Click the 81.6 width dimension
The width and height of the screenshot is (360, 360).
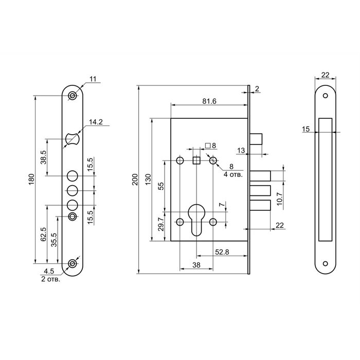209,101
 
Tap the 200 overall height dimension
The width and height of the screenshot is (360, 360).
135,179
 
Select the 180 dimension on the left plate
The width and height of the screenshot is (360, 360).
31,179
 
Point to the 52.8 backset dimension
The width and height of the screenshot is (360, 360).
222,252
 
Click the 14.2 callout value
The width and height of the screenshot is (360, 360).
96,122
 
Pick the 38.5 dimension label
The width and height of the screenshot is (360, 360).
44,157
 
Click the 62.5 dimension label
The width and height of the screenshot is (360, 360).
43,235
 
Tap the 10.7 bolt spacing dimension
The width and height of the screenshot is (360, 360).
280,199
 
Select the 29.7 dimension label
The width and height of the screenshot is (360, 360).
161,224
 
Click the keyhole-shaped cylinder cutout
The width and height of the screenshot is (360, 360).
196,220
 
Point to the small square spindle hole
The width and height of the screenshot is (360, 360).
196,160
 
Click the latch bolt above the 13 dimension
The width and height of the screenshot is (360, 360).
256,139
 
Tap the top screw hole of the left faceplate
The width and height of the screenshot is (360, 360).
73,96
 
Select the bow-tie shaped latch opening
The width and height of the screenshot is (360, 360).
73,139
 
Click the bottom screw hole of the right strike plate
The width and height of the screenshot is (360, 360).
326,263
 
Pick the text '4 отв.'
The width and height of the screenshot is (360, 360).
233,174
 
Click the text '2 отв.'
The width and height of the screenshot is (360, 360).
51,279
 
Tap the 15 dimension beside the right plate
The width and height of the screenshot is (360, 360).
306,129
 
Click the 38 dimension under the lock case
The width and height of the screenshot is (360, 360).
196,265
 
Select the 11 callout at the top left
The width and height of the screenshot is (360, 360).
93,79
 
